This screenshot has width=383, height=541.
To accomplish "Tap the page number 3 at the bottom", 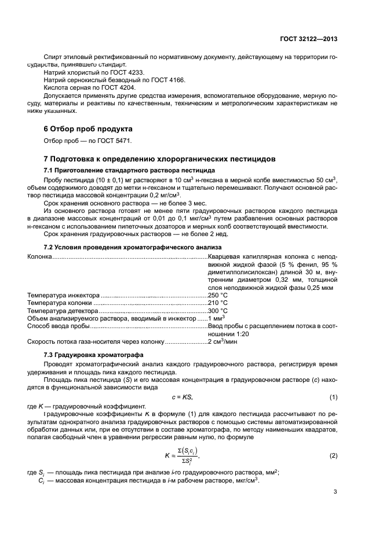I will tap(335, 492).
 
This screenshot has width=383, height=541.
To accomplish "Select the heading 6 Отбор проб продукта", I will tap(89, 128).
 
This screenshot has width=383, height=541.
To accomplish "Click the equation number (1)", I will tap(333, 397).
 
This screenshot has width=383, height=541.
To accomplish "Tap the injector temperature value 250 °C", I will tap(218, 295).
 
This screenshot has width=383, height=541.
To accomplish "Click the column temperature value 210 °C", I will tap(218, 303).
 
